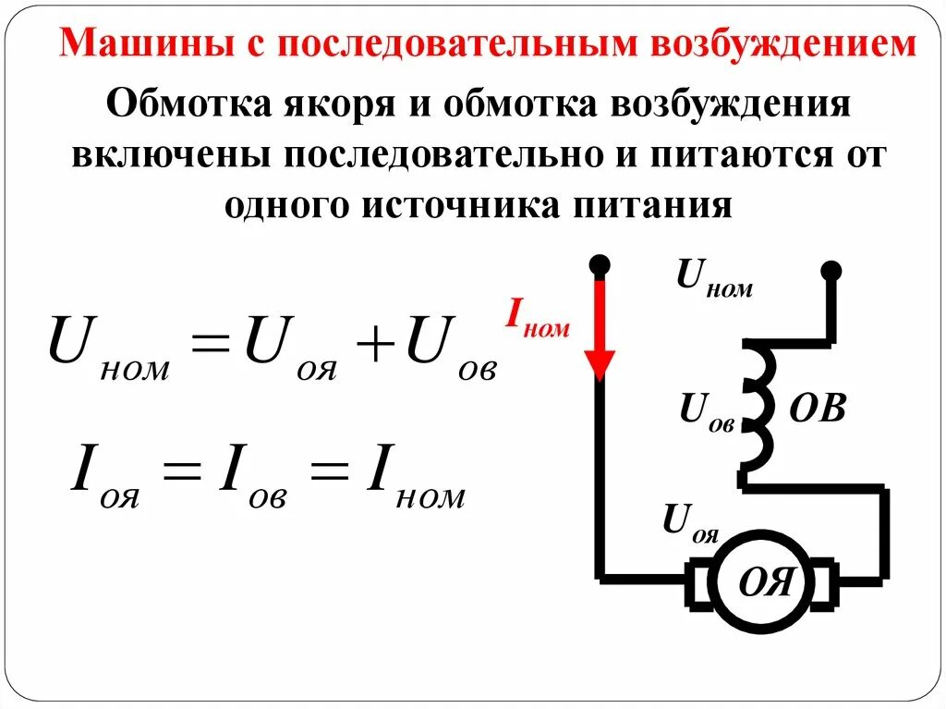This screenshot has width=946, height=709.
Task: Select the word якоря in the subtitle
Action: [333, 104]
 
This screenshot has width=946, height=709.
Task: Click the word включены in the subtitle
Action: [166, 154]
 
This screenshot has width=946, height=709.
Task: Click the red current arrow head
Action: [600, 366]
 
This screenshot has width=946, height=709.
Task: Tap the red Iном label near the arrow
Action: [537, 318]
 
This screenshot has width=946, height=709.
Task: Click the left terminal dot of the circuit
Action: [600, 265]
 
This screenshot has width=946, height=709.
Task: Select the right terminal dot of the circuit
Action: [831, 270]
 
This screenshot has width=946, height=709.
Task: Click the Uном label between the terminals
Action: [714, 276]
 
